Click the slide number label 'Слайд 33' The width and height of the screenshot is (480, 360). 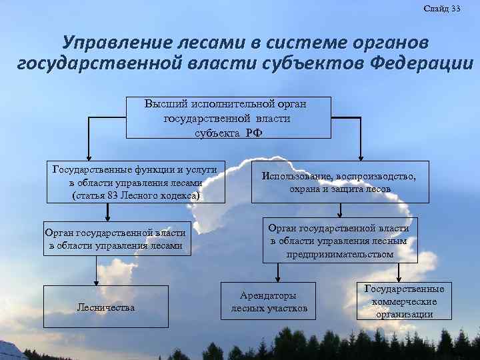point(441,9)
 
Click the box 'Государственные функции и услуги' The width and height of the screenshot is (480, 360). point(135,181)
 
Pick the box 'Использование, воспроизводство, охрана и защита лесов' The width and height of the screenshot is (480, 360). point(339,182)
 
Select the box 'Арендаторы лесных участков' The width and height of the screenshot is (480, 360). point(269,301)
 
